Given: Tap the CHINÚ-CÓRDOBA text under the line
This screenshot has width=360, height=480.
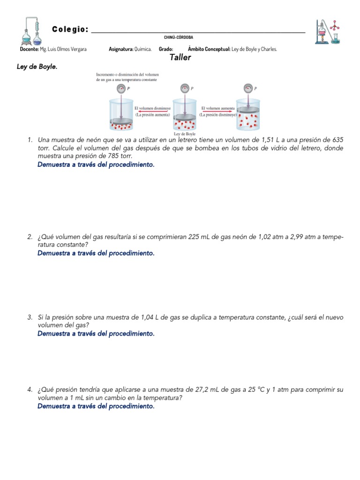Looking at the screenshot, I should point(179,37).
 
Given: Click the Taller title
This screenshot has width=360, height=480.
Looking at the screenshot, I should point(180,58).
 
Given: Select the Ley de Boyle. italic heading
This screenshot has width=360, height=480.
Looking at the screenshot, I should point(37,67).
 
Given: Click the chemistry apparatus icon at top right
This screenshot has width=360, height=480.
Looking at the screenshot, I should point(328,31).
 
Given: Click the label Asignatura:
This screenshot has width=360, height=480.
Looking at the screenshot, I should point(120,49).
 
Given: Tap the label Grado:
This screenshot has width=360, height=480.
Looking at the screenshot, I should point(166,49).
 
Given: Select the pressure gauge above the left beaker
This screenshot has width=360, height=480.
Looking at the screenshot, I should point(121,88).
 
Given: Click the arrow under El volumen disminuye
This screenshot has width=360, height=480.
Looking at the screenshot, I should point(152,112).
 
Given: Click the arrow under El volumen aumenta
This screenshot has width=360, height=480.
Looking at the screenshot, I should point(217,112).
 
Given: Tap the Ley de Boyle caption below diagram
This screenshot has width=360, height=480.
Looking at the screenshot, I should point(185,134).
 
